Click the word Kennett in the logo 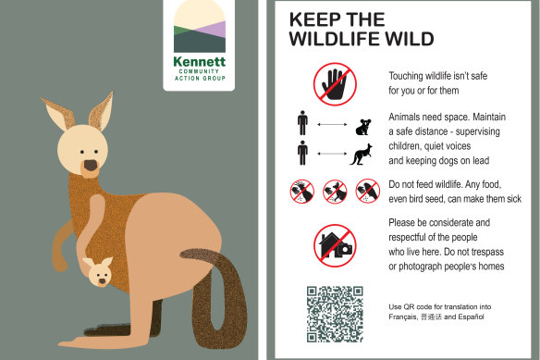pos(200,61)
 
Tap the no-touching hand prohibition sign pos(335,84)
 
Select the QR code pos(335,314)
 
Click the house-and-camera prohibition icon pos(335,245)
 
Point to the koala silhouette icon pos(363,127)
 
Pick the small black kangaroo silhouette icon pos(362,155)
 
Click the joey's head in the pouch pos(99,272)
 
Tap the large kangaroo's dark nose pos(91,166)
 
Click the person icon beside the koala pos(302,123)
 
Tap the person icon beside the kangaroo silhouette pos(302,153)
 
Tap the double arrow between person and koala pos(332,125)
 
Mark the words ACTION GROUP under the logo pos(200,79)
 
